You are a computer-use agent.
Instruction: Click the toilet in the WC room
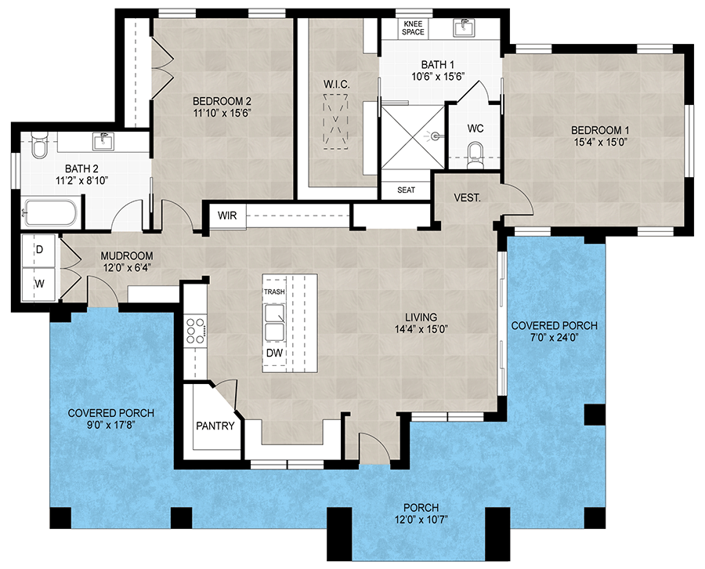point(474,153)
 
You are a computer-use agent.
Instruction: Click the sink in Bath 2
point(103,142)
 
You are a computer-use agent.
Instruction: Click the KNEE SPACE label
point(414,27)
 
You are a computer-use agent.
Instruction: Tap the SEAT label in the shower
point(406,190)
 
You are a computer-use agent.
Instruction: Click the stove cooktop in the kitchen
point(195,331)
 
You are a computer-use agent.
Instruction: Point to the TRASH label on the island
point(274,292)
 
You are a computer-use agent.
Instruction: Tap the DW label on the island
point(273,353)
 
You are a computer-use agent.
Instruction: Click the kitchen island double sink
point(275,323)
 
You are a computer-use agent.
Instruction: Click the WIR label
point(227,215)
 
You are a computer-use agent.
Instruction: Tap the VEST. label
point(467,199)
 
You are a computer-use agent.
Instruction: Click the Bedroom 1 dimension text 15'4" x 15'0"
point(600,142)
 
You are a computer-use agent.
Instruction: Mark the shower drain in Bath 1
point(433,136)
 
